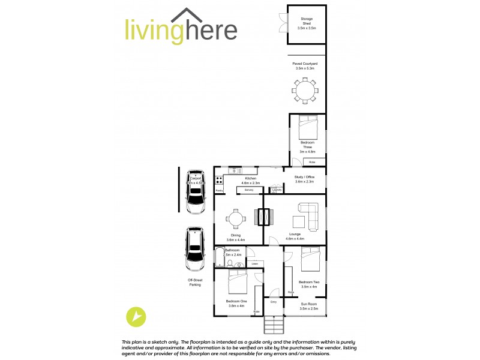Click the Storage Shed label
(x=307, y=23)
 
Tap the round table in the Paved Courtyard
(x=305, y=91)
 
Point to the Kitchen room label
(x=249, y=180)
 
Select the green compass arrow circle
(x=137, y=317)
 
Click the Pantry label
(x=220, y=190)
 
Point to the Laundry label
(x=276, y=190)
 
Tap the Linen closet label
(x=254, y=264)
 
